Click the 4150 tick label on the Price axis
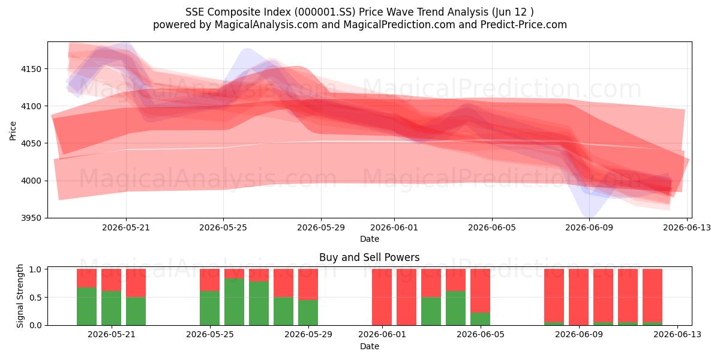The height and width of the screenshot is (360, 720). coord(31,69)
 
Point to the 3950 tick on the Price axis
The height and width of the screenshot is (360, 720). coord(31,218)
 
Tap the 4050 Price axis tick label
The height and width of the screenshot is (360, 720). coord(31,143)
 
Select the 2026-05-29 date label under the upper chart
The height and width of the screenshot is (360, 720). coord(321,228)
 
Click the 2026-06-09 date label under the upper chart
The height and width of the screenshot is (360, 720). coord(589,228)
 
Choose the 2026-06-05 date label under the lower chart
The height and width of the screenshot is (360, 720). coord(481,335)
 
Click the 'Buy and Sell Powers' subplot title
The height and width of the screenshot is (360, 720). coord(370,257)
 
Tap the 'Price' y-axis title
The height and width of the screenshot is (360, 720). coord(13,131)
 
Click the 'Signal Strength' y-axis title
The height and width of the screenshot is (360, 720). coord(20,296)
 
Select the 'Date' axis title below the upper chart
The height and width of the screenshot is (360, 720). coord(370,239)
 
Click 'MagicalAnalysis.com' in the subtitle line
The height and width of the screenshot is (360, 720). coord(266,25)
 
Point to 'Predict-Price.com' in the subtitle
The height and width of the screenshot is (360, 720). coord(524,25)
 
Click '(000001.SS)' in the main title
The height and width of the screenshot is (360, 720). coord(325,12)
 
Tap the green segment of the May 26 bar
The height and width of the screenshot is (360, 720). coord(235,302)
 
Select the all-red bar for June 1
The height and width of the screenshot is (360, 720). coord(382,297)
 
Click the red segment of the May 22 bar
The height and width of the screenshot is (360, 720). coord(136,283)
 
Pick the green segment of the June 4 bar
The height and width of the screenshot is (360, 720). coord(455,308)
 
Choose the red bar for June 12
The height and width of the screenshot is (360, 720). coord(653,295)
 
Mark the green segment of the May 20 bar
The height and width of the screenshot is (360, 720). coord(86,307)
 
